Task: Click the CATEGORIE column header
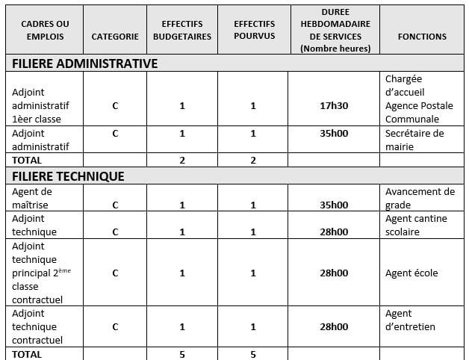coord(115,36)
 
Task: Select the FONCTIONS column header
coord(422,36)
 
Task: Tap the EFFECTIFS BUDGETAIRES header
coord(181,30)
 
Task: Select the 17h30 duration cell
coord(334,106)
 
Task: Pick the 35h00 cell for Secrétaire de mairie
coord(334,134)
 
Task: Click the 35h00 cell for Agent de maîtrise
coord(334,205)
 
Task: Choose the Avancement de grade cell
coord(420,198)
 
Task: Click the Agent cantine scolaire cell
coord(413,225)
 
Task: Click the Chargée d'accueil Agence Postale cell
coord(419,99)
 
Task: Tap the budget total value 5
coord(182,354)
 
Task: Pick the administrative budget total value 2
coord(182,160)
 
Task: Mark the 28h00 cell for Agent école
coord(334,273)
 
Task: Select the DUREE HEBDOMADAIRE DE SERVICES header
coord(334,30)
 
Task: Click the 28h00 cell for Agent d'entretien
coord(334,326)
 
